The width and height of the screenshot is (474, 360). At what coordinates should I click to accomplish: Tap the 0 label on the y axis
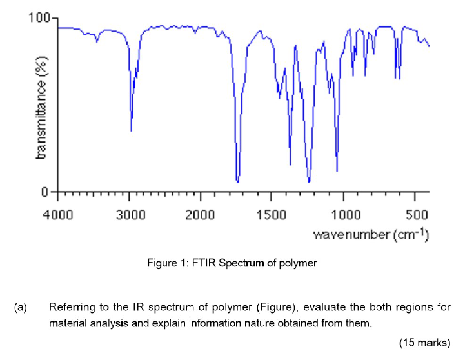coord(45,192)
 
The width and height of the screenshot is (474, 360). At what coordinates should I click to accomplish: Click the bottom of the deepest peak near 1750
coord(238,182)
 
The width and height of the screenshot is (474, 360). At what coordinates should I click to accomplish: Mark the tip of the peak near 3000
coord(132,130)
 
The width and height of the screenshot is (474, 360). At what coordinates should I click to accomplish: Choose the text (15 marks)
coord(424,340)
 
